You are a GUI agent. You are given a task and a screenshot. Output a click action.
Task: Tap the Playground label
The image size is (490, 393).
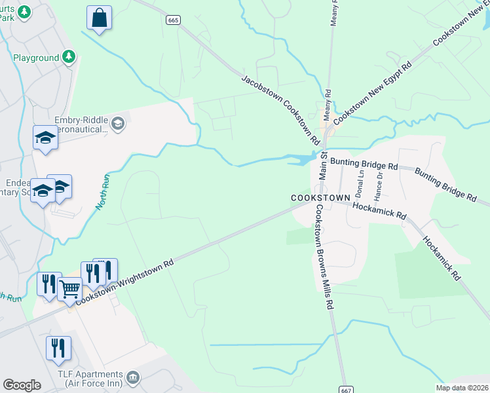(36, 58)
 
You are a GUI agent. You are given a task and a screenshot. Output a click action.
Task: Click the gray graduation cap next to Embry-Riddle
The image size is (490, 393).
(118, 124)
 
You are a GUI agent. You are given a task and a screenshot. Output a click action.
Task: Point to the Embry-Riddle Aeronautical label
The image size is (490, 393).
(73, 124)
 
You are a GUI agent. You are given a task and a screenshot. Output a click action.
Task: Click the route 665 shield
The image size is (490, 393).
(173, 20)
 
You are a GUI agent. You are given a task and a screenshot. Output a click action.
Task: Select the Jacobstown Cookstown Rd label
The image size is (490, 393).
(280, 110)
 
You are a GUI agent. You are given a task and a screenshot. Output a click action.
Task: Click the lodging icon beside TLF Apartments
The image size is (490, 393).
(134, 377)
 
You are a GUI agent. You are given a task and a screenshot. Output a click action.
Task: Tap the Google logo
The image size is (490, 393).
(22, 384)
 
